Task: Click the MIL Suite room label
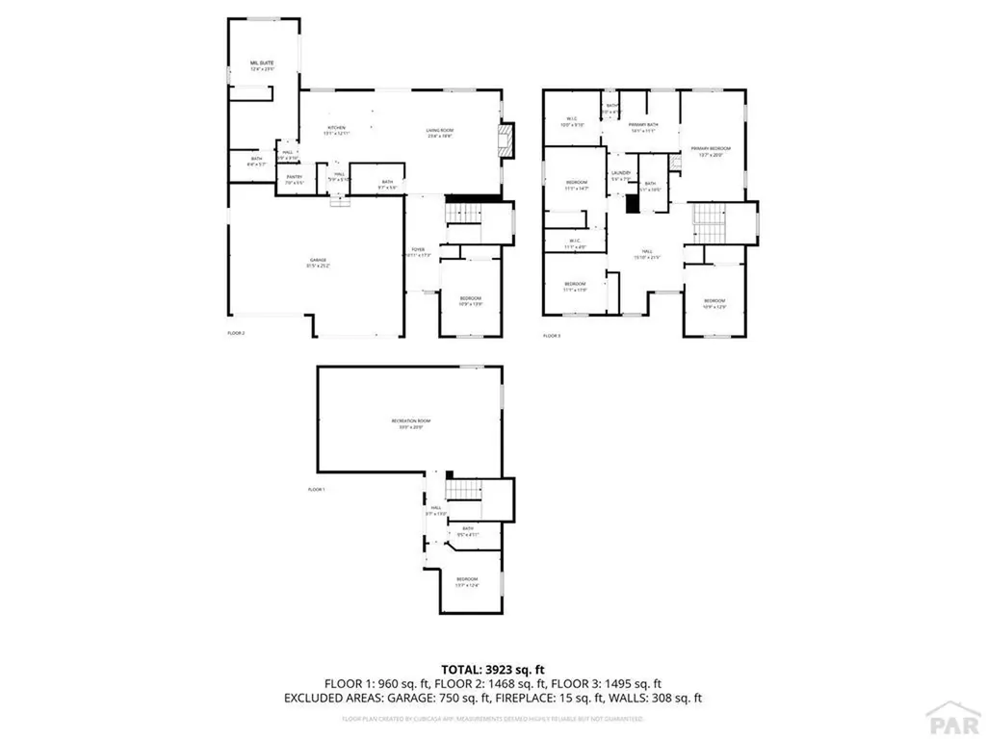pyautogui.click(x=249, y=65)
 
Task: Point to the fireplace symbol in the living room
pyautogui.click(x=506, y=140)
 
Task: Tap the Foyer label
pyautogui.click(x=418, y=251)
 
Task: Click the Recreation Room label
pyautogui.click(x=411, y=424)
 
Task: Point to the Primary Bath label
pyautogui.click(x=643, y=127)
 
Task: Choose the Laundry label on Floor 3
pyautogui.click(x=620, y=175)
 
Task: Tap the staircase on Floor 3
pyautogui.click(x=710, y=224)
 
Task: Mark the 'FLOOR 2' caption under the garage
pyautogui.click(x=236, y=334)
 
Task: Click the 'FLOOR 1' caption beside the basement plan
pyautogui.click(x=317, y=490)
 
